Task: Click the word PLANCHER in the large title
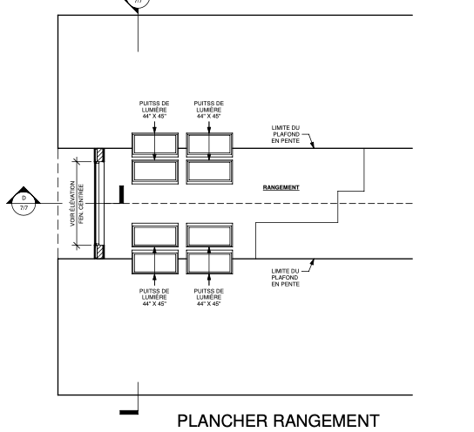(222, 421)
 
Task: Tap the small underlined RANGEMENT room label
(281, 187)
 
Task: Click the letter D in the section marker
(24, 199)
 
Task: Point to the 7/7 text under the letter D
(24, 208)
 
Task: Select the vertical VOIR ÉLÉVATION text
(72, 204)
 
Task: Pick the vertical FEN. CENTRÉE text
(81, 204)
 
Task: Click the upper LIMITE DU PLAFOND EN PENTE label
(286, 134)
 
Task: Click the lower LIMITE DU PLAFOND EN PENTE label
(286, 277)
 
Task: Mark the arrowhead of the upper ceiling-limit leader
(313, 146)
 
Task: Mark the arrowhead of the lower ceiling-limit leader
(313, 260)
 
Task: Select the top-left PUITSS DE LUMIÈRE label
(154, 110)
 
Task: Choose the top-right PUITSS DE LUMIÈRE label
(209, 110)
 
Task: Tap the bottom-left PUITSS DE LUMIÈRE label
(154, 297)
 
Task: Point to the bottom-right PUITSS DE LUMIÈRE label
(209, 297)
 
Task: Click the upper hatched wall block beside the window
(100, 155)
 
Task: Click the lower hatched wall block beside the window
(100, 252)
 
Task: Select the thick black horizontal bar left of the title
(129, 412)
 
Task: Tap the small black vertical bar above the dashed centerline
(121, 194)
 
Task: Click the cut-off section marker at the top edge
(138, 5)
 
